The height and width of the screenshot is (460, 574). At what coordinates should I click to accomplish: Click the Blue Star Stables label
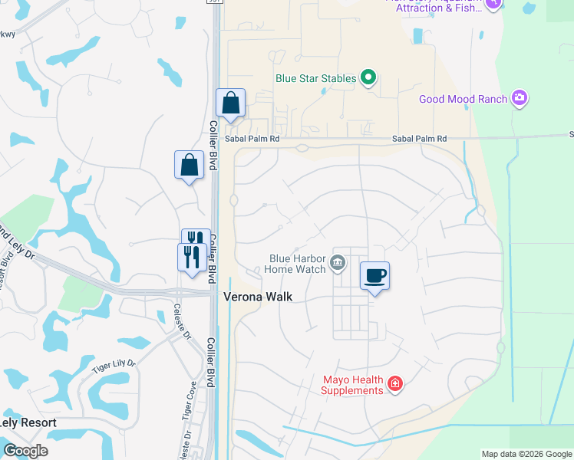point(315,78)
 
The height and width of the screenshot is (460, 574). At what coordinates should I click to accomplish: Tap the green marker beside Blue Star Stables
point(368,77)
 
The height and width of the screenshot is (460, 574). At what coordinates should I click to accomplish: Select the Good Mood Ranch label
point(463,99)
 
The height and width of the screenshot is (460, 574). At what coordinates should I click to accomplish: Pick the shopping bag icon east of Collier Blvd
point(231,103)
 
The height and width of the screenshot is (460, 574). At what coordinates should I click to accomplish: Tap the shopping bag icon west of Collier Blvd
point(189,164)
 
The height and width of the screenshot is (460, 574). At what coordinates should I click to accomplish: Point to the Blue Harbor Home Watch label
point(295,264)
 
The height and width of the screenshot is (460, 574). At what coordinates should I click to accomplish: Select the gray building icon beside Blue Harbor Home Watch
point(337,264)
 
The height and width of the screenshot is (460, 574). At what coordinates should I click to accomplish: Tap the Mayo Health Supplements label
point(352,385)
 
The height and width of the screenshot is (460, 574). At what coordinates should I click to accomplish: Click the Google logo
point(25,451)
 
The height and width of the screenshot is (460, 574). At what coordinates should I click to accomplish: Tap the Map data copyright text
point(526,454)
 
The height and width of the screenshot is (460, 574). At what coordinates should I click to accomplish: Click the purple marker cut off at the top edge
point(493,3)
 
